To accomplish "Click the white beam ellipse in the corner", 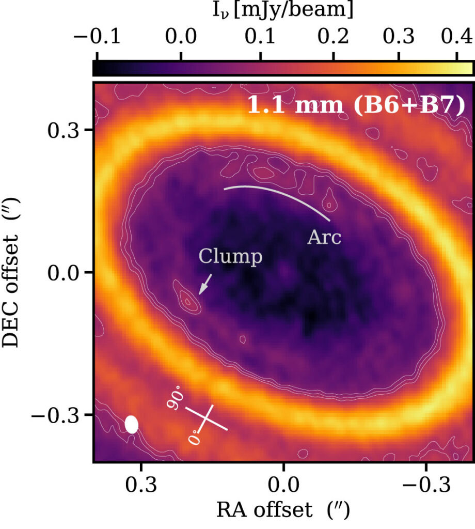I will pos(132,424).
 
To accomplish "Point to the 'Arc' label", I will pos(325,238).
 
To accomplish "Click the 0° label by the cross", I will pos(194,437).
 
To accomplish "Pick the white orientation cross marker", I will pos(207,418).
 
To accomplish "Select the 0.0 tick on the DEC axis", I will pos(62,272).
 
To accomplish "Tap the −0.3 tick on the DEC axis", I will pos(56,415).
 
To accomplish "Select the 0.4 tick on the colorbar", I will pos(458,38).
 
